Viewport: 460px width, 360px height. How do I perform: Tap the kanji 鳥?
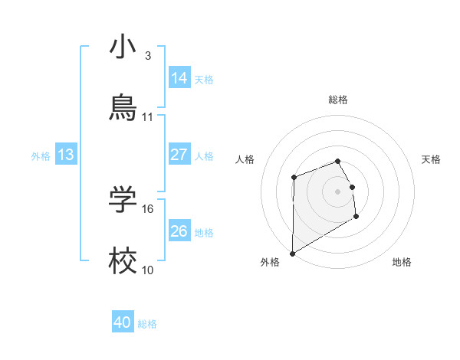tap(123, 108)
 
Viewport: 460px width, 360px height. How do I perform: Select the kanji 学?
tap(123, 200)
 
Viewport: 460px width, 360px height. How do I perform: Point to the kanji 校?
tap(123, 261)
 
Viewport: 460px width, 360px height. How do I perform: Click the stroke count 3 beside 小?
tap(148, 56)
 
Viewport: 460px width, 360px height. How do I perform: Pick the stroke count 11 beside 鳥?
tap(148, 117)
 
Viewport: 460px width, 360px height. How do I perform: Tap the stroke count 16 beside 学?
tap(148, 208)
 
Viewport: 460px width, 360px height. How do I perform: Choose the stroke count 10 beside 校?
tap(148, 270)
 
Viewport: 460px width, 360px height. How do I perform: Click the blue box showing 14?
tap(179, 78)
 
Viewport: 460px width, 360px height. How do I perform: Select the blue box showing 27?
tap(179, 155)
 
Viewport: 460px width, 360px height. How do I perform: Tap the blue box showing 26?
tap(179, 231)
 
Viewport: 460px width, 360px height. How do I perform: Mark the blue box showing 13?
tap(66, 155)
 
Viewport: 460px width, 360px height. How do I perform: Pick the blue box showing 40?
tap(123, 322)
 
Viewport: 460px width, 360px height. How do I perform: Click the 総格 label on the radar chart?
tap(338, 100)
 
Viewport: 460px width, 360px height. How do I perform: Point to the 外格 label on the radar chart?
tap(270, 262)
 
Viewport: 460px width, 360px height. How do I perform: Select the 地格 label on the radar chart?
tap(402, 262)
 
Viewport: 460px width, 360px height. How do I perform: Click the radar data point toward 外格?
tap(292, 254)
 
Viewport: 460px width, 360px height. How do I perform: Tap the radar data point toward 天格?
tap(353, 187)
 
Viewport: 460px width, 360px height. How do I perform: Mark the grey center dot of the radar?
tap(338, 191)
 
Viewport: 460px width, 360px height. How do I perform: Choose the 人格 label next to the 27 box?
tap(204, 155)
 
